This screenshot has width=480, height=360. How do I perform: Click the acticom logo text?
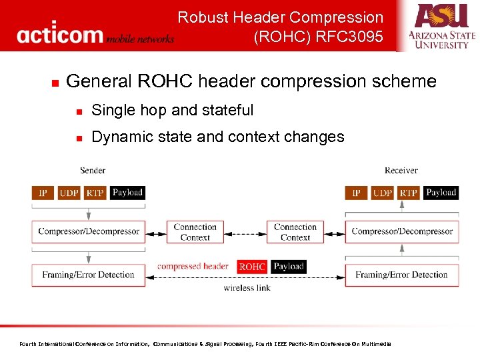60,34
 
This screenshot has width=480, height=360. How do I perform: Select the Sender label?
93,171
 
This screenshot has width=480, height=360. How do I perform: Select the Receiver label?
401,171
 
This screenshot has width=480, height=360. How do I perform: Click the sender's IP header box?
43,193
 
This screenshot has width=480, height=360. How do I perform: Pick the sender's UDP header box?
69,193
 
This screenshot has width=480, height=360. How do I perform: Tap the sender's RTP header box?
95,193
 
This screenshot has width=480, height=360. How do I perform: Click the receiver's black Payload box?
441,193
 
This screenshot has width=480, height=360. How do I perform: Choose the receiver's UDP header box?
382,193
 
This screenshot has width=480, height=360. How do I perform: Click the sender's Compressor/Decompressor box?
89,232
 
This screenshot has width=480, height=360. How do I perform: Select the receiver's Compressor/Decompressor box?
402,232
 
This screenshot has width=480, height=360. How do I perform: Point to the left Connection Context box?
195,232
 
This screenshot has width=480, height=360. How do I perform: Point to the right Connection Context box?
295,232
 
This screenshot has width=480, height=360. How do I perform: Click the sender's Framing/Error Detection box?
89,275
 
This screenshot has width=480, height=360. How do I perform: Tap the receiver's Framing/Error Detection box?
402,275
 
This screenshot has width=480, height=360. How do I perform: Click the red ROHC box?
252,267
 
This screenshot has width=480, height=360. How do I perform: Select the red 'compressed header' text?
193,267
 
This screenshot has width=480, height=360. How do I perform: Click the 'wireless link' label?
247,288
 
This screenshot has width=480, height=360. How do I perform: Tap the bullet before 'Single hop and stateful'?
79,111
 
